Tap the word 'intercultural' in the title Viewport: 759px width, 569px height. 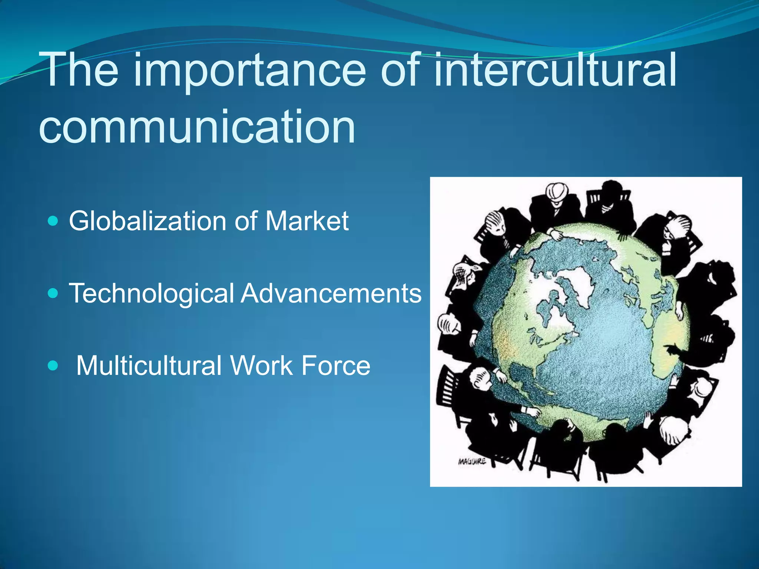click(555, 70)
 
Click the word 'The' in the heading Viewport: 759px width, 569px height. click(80, 70)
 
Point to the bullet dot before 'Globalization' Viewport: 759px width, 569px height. click(53, 222)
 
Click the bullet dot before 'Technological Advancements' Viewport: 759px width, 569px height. click(53, 294)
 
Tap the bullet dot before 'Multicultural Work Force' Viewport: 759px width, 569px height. click(53, 366)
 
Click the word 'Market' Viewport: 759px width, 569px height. click(307, 221)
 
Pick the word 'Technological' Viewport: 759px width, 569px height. click(152, 294)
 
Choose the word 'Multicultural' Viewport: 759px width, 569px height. click(149, 366)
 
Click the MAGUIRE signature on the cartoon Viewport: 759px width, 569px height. click(472, 462)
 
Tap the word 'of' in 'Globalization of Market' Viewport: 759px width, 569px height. click(246, 221)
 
